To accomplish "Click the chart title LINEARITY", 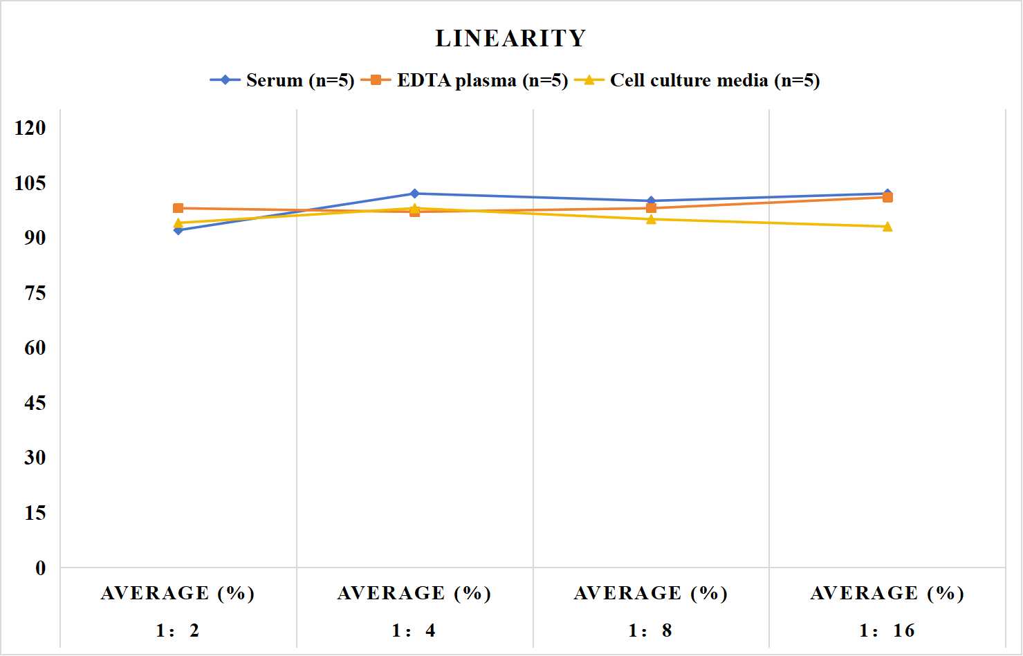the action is [x=510, y=38].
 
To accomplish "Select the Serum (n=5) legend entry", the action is [x=282, y=80].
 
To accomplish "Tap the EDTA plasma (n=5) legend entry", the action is [x=464, y=80].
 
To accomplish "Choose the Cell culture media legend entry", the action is [x=697, y=80].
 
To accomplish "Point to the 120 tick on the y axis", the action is [x=30, y=128].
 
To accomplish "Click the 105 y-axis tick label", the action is [x=30, y=183].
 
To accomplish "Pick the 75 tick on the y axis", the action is [x=35, y=293].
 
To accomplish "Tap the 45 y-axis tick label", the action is [x=35, y=403].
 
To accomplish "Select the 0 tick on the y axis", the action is [x=41, y=568].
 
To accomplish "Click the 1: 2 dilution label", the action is [x=178, y=630].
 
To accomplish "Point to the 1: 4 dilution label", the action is [x=414, y=630].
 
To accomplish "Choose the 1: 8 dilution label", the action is [x=650, y=630].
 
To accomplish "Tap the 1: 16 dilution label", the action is [x=887, y=630].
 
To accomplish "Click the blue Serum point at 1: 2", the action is [x=178, y=230].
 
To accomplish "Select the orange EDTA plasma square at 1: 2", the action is [x=178, y=208].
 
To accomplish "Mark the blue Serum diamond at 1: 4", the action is [x=415, y=194].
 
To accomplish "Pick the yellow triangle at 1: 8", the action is [x=652, y=219].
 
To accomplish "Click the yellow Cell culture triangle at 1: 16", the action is [x=887, y=227].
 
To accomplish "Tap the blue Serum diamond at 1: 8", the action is [x=652, y=201].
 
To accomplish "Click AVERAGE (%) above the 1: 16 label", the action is [x=887, y=593].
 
